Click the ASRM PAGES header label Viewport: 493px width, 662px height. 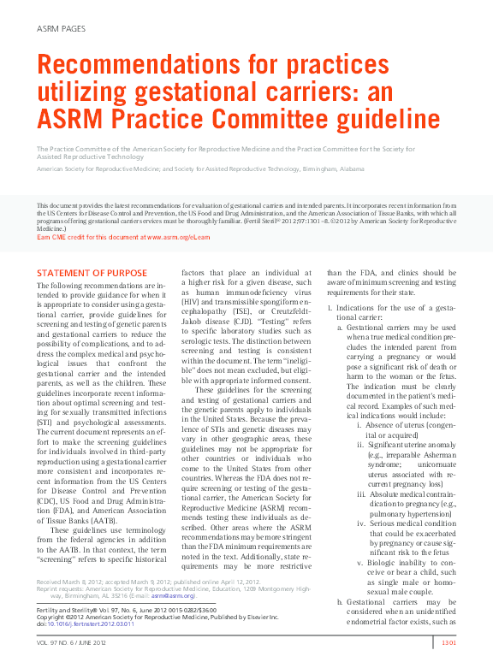coord(61,29)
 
